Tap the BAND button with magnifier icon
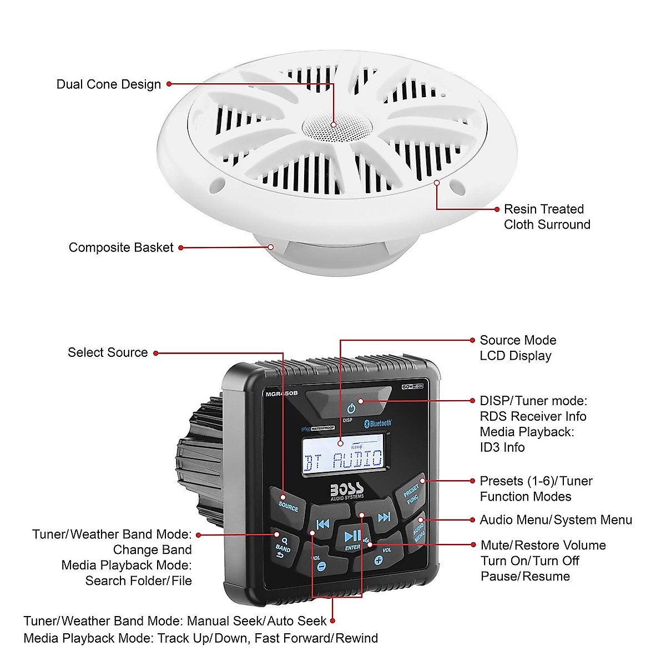(x=283, y=544)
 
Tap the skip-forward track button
(x=384, y=518)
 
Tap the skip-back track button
(x=323, y=524)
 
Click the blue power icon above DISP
(x=351, y=409)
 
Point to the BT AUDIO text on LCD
(x=343, y=460)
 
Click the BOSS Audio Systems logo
(x=347, y=491)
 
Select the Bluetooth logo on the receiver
(x=378, y=423)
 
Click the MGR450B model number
(x=281, y=393)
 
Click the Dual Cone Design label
(x=109, y=84)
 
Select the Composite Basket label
(x=121, y=248)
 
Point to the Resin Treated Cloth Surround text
(x=547, y=217)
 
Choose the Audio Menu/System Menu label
(x=556, y=520)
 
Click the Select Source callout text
(x=108, y=352)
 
